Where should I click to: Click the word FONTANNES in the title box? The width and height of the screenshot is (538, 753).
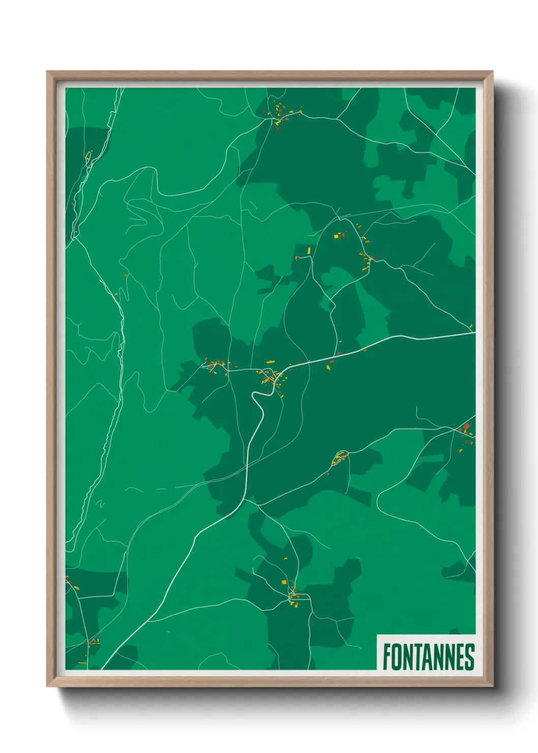click(x=428, y=657)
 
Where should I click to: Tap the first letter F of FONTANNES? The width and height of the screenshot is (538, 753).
click(x=387, y=657)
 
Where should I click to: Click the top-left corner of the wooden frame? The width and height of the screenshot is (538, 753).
click(x=48, y=72)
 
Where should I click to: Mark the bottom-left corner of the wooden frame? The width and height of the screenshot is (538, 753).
click(x=48, y=685)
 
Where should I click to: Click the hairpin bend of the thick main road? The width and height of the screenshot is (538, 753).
click(x=254, y=395)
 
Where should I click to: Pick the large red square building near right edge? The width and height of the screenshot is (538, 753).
click(x=466, y=426)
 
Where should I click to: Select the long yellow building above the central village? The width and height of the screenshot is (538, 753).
click(x=271, y=362)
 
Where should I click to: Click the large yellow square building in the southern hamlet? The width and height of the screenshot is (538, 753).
click(x=284, y=582)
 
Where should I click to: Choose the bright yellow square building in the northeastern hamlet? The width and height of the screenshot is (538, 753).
click(x=336, y=236)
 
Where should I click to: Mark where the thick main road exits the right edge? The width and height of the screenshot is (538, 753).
click(x=474, y=333)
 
